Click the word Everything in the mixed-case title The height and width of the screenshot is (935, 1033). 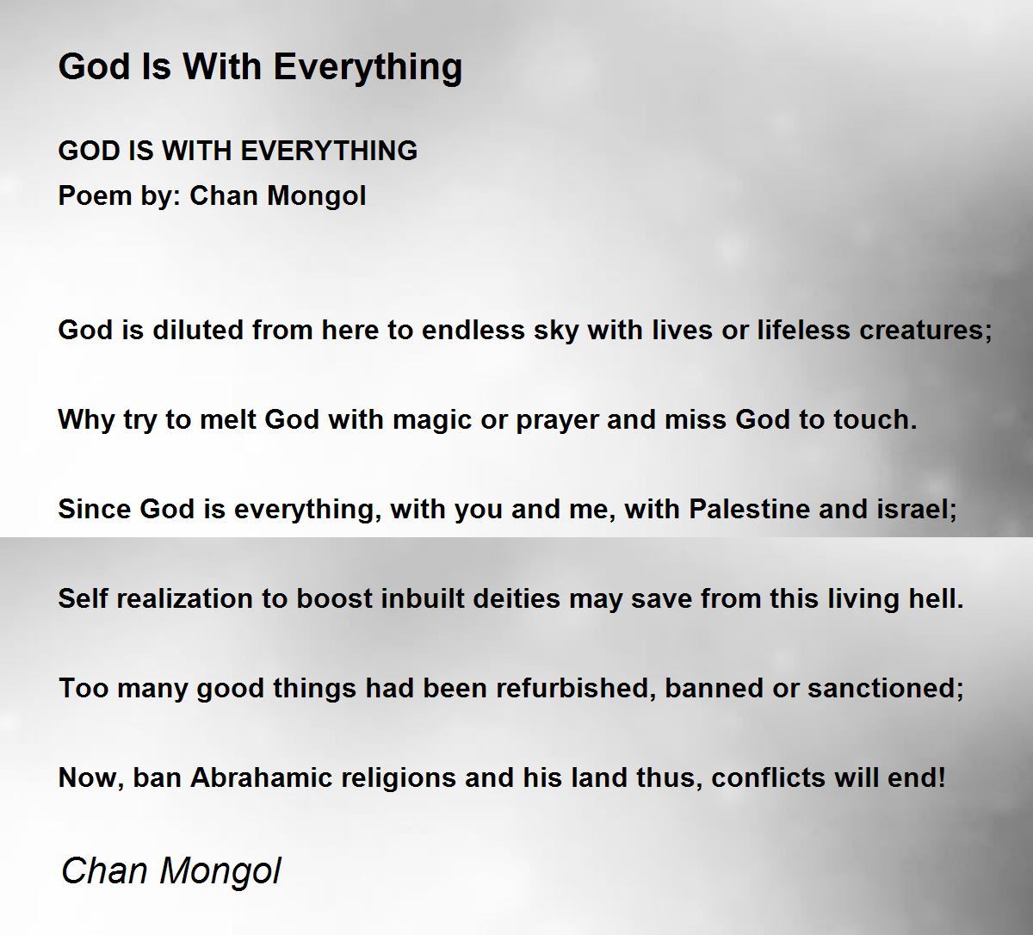tap(368, 67)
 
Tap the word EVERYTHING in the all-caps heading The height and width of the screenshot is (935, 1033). tap(329, 151)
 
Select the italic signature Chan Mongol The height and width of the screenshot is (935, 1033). tap(171, 871)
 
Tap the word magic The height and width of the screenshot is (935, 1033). tap(432, 420)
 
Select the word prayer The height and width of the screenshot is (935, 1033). tap(557, 421)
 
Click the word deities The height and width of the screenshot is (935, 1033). tap(516, 598)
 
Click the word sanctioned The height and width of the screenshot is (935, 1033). tap(886, 688)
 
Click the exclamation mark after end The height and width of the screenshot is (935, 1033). tap(942, 777)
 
